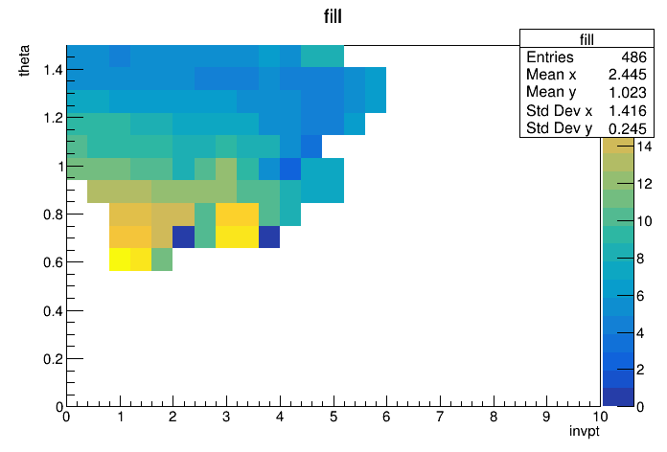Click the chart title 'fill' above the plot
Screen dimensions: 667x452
(333, 16)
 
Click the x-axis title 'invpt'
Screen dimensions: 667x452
(584, 432)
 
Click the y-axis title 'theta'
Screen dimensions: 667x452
(24, 60)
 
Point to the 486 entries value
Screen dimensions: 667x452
(633, 56)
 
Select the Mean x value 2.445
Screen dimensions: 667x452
(627, 75)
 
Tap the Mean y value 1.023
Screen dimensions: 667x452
(627, 92)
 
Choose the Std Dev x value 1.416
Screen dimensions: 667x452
(627, 110)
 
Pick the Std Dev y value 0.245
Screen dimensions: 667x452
(627, 128)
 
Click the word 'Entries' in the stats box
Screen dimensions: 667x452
(549, 56)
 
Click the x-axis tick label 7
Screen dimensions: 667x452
(440, 417)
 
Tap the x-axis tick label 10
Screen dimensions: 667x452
(600, 417)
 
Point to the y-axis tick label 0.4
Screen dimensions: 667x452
(53, 311)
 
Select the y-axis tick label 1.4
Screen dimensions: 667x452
(53, 69)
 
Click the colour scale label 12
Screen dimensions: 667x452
(644, 184)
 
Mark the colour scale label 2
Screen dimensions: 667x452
(640, 370)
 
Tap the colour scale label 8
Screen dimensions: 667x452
(640, 259)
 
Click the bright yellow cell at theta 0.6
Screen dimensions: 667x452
(120, 260)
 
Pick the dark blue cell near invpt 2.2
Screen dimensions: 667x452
(183, 237)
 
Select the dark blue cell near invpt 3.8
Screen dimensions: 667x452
(269, 237)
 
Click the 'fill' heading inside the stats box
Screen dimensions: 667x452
(586, 39)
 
